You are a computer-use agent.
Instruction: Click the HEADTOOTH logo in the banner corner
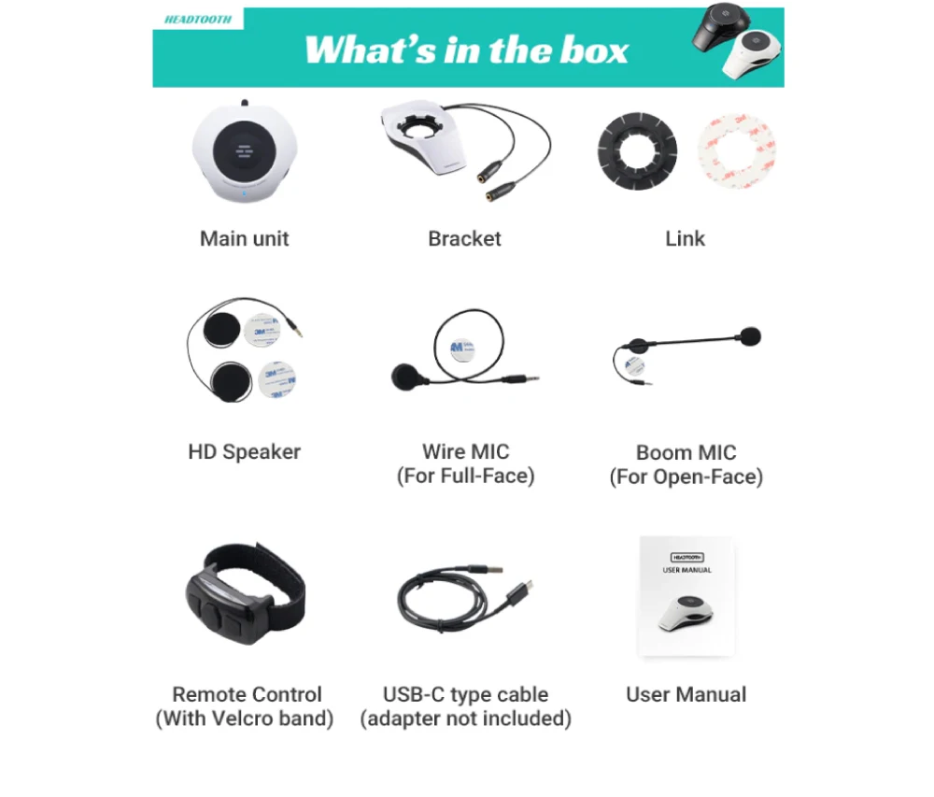tap(197, 19)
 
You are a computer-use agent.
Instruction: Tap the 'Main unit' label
tap(245, 238)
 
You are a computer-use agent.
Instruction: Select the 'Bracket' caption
tap(464, 238)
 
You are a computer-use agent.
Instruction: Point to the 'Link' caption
tap(686, 238)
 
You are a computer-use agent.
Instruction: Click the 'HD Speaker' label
tap(245, 452)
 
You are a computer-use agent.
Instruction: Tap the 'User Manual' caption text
tap(686, 694)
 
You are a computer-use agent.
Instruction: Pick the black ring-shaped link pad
tap(636, 152)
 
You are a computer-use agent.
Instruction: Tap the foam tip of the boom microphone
tap(749, 336)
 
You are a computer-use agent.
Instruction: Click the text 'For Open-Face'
tap(686, 477)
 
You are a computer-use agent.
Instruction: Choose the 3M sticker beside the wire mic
tap(460, 349)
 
